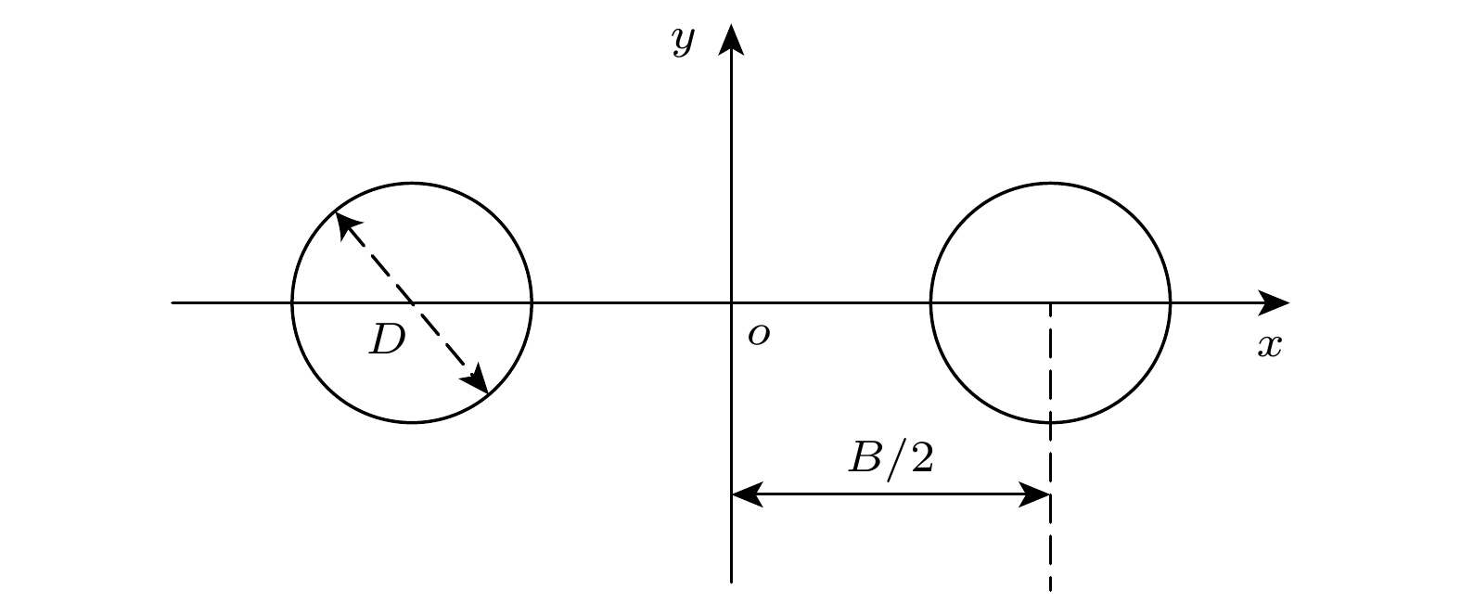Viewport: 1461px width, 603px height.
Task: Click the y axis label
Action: tap(684, 43)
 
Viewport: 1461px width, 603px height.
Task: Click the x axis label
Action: tap(1269, 346)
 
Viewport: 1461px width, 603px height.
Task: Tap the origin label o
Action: tap(759, 335)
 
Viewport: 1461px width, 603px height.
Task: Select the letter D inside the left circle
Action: tap(388, 340)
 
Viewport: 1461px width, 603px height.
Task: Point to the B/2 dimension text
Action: tap(891, 457)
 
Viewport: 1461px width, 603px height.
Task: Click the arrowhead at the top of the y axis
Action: tap(731, 39)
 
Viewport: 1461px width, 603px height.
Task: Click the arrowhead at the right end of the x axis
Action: tap(1274, 302)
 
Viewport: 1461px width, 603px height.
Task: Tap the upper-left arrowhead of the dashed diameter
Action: tap(348, 225)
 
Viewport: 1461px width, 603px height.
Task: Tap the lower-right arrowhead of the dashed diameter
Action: tap(475, 378)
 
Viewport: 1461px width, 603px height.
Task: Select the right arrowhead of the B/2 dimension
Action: tap(1034, 494)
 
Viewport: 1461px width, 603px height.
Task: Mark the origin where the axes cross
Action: tap(731, 302)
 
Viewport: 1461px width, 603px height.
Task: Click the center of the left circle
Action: tap(412, 302)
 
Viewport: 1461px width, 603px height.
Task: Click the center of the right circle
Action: tap(1050, 302)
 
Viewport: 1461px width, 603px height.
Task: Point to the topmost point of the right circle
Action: tap(1050, 184)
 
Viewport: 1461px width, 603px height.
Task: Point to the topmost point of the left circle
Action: tap(412, 184)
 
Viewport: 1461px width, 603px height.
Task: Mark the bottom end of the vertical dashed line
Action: tap(1050, 591)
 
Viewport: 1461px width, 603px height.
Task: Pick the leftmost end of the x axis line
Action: tap(172, 302)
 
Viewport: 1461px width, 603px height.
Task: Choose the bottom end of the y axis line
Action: tap(731, 582)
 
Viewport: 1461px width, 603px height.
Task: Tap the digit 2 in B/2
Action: tap(922, 457)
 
